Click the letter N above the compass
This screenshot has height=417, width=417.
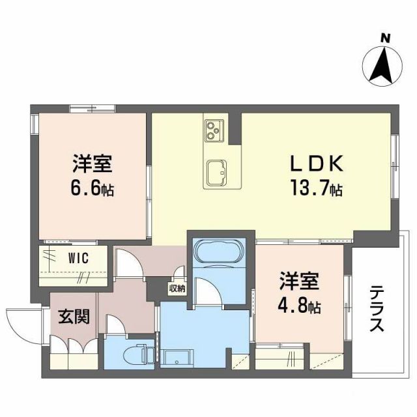coord(386,38)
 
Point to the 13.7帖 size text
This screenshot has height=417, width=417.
coord(317,190)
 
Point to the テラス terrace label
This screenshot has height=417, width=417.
coord(377,310)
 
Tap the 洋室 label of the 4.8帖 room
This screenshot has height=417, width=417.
coord(299,282)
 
